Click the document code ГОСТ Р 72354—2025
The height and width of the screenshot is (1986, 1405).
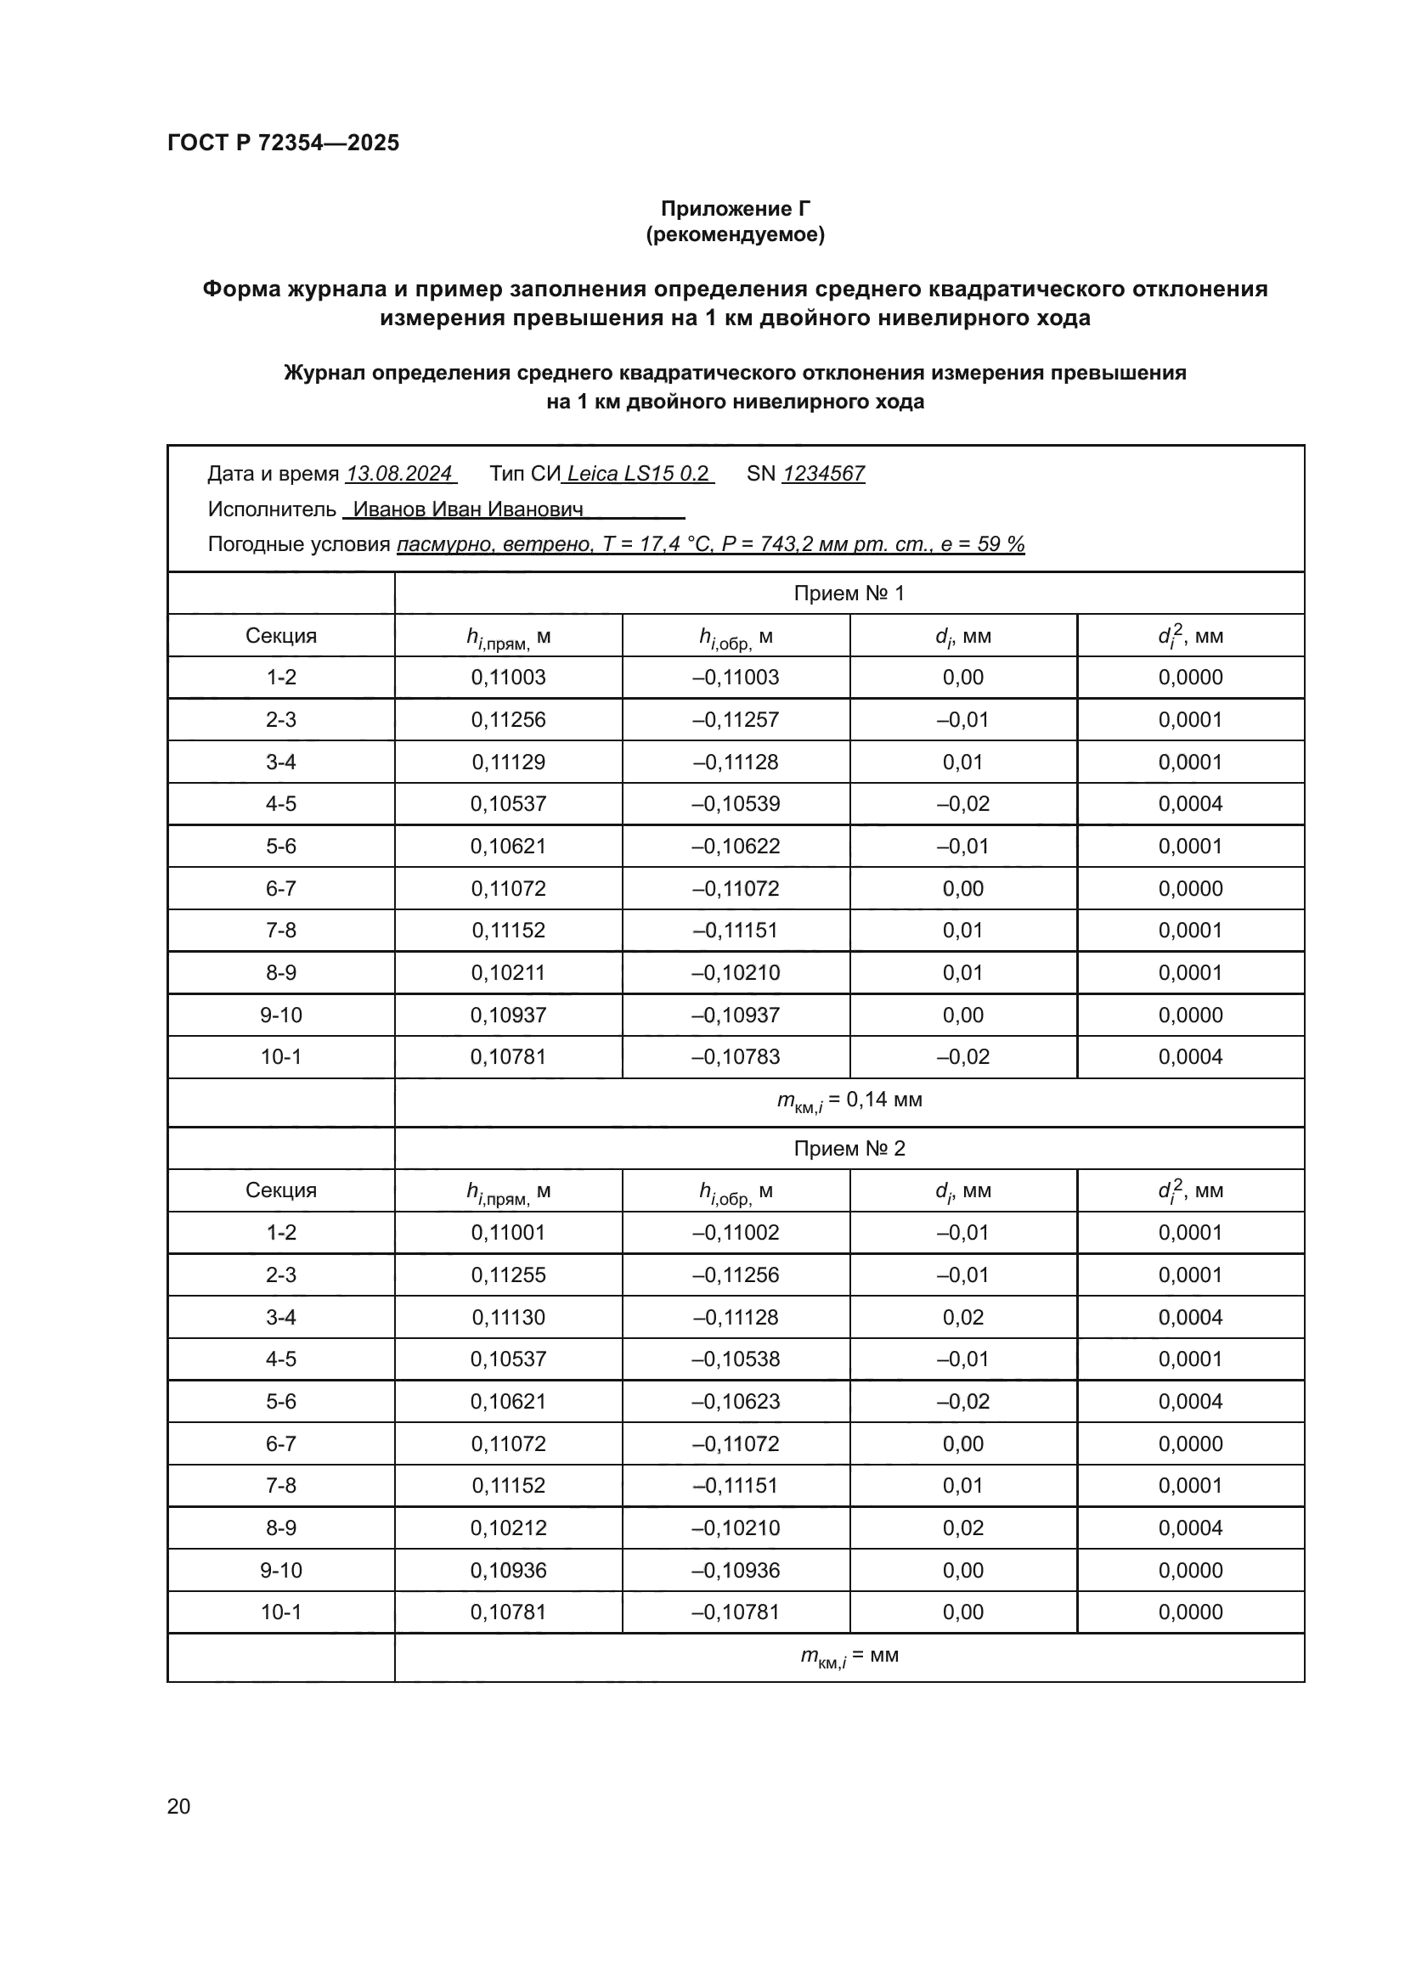click(283, 143)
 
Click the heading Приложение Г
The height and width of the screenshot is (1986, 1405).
click(735, 209)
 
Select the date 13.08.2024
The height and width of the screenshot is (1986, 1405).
click(399, 474)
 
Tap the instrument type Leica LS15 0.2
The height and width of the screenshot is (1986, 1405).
click(638, 474)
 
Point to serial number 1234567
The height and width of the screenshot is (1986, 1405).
click(823, 474)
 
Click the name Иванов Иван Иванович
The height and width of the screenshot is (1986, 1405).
click(468, 509)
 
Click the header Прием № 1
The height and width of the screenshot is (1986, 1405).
click(849, 594)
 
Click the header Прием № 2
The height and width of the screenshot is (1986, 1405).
click(849, 1149)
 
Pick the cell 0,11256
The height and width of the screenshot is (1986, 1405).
click(508, 720)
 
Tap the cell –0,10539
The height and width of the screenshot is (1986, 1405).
click(736, 803)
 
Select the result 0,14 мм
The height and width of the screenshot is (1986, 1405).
click(883, 1100)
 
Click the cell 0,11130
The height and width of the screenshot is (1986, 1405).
click(508, 1318)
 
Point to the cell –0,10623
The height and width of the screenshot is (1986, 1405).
click(736, 1401)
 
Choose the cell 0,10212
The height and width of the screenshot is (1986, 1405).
click(508, 1527)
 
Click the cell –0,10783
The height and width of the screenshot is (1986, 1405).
click(736, 1056)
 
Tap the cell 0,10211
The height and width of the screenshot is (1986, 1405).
click(508, 972)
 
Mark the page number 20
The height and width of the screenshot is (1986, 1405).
click(178, 1806)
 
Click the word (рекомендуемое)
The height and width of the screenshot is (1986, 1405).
click(735, 234)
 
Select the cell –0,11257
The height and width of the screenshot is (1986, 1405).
click(736, 720)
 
